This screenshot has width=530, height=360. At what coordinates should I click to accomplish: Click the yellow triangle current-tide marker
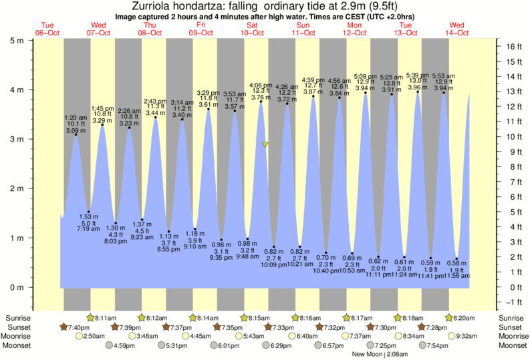pos(265,144)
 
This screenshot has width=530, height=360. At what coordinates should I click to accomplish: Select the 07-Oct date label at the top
pos(98,32)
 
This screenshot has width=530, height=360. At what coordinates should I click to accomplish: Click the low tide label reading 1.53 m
pos(88,217)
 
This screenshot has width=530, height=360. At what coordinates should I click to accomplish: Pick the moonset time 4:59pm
pos(123,345)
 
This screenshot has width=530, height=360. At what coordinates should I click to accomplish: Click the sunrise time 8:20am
pos(467,318)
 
